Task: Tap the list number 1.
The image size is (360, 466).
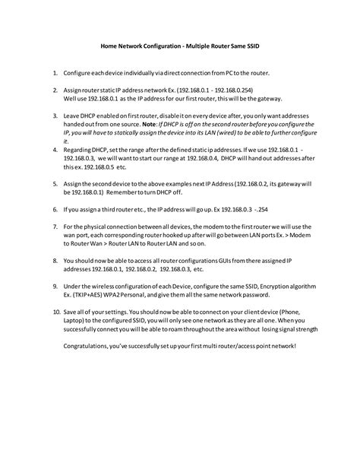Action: [55, 74]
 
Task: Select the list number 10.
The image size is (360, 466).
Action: [56, 312]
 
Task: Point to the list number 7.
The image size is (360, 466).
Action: [55, 227]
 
